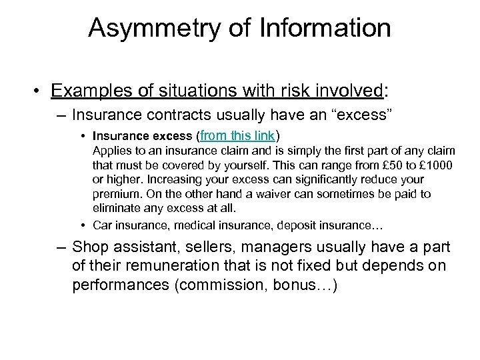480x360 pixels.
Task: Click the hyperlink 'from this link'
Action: point(237,136)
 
